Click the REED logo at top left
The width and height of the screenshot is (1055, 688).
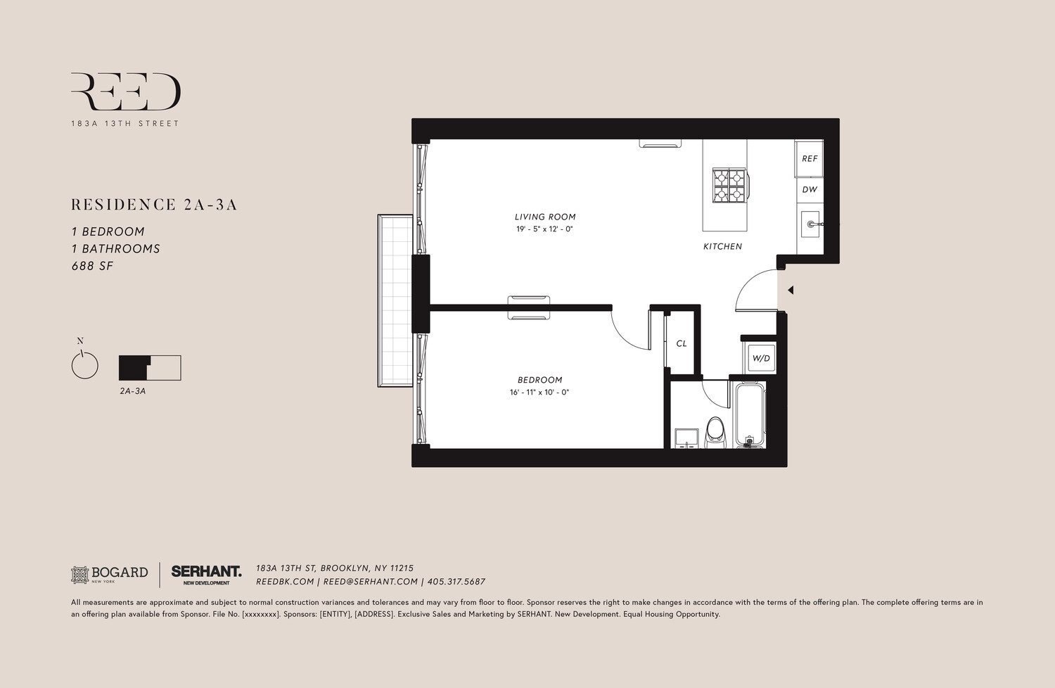tap(125, 92)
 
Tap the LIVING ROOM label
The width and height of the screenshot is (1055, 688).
tap(545, 217)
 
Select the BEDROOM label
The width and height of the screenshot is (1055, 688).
tap(540, 381)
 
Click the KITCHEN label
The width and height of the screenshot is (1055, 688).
tap(722, 247)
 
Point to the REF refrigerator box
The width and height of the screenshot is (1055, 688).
tap(810, 159)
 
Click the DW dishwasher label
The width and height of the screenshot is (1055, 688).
tap(810, 189)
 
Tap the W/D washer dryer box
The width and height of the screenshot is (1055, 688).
tap(761, 359)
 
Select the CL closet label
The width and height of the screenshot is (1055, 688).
tap(681, 344)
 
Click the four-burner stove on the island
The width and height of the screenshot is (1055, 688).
tap(729, 185)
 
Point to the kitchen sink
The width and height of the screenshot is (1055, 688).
tap(810, 224)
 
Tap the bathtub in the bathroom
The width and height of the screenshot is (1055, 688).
tap(750, 415)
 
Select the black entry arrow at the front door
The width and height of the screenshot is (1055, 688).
tap(791, 290)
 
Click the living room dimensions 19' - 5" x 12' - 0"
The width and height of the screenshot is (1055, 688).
tap(544, 229)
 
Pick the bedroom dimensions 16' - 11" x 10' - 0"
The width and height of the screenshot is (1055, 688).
tap(539, 393)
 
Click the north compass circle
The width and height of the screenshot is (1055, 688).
tap(84, 366)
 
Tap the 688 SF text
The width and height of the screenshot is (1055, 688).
tap(92, 266)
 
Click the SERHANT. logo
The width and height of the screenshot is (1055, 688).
tap(206, 573)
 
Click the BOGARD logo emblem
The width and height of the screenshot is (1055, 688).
tap(80, 575)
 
